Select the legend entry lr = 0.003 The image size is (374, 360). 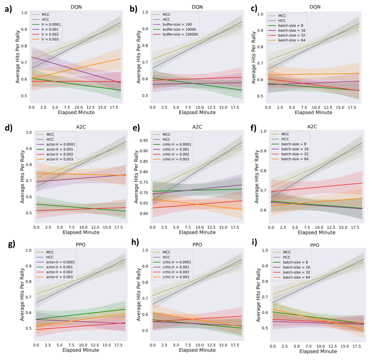53,39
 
